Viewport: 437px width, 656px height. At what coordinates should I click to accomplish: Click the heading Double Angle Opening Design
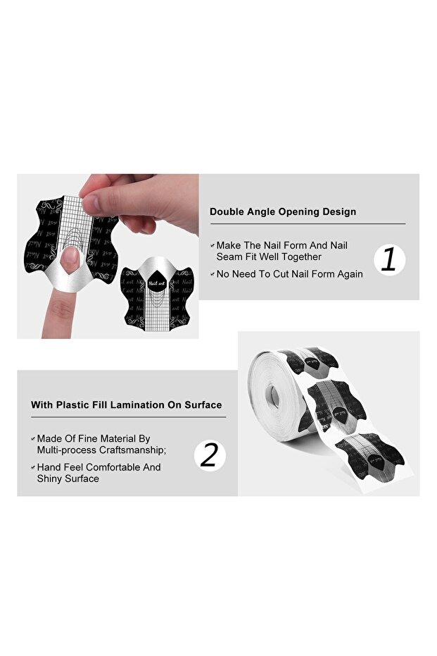pyautogui.click(x=282, y=211)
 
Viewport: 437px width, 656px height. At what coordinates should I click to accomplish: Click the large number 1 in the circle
pyautogui.click(x=388, y=259)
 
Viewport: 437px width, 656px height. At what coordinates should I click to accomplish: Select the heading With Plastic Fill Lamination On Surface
pyautogui.click(x=126, y=405)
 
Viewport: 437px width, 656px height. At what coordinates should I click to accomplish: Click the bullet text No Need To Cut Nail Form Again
pyautogui.click(x=289, y=274)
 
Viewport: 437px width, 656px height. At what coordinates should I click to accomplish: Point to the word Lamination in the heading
pyautogui.click(x=144, y=405)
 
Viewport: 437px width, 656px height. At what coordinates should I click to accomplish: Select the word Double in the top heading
pyautogui.click(x=227, y=211)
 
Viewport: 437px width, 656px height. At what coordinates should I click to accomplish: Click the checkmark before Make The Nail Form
pyautogui.click(x=212, y=245)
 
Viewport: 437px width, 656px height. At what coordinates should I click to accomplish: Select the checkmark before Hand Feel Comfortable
pyautogui.click(x=32, y=467)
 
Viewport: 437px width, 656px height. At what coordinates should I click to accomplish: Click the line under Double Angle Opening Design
pyautogui.click(x=307, y=224)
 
